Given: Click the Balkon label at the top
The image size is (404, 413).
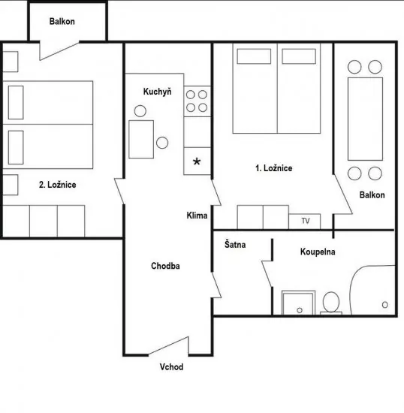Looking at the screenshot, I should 62,21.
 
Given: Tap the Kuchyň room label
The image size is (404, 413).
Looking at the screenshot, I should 158,92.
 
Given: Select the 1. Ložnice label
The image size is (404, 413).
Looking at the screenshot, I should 273,168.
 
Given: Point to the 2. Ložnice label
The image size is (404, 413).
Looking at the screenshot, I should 57,184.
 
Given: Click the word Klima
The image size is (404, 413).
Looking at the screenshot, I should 197,216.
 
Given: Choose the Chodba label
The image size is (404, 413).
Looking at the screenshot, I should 165,266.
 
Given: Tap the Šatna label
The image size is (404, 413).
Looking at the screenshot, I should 235,245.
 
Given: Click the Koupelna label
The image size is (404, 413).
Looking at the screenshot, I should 318,252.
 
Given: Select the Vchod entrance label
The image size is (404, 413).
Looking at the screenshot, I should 171,367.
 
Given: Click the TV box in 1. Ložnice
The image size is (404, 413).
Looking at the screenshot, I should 305,221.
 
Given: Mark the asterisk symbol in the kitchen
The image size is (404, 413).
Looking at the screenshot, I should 197,161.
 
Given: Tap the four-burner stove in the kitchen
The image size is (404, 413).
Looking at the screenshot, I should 197,102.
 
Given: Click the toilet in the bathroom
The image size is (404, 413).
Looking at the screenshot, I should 330,303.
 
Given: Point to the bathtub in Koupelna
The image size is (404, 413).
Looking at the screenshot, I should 373,291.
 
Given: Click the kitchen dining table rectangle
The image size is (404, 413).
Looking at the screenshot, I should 141,139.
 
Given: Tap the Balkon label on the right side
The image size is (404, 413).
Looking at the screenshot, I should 372,195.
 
